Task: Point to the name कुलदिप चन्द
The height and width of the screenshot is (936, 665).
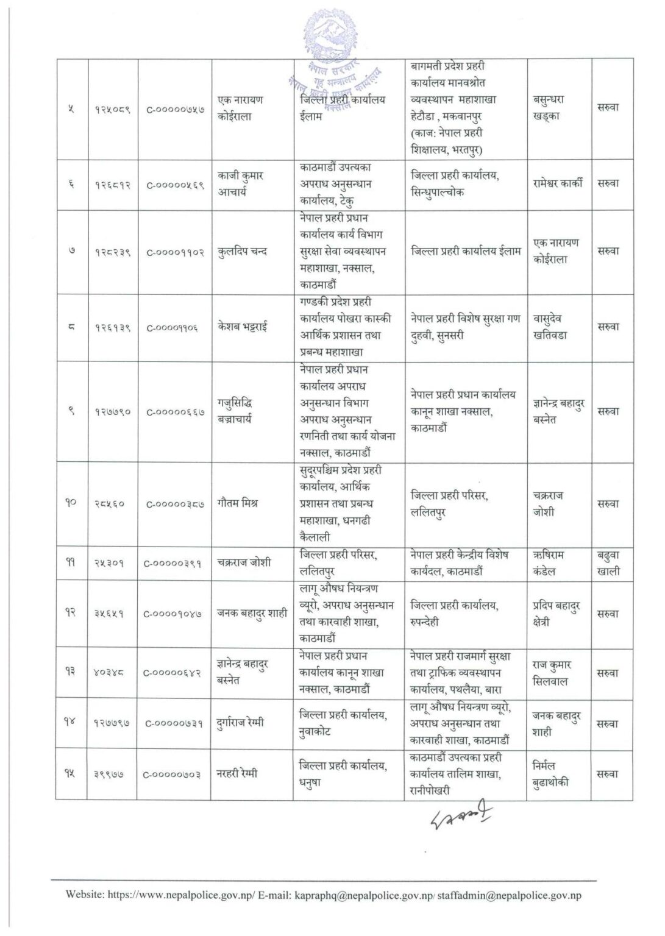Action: point(242,251)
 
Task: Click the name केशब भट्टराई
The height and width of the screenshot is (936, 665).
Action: point(242,327)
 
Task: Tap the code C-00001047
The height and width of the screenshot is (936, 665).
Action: point(174,614)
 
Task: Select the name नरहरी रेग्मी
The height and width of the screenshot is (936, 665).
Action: point(237,774)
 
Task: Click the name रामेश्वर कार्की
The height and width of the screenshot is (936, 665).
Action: point(558,183)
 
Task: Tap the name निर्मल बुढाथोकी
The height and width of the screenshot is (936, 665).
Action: point(551,774)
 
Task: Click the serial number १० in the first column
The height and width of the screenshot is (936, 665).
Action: point(71,504)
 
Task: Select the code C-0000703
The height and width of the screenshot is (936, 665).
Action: point(174,774)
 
